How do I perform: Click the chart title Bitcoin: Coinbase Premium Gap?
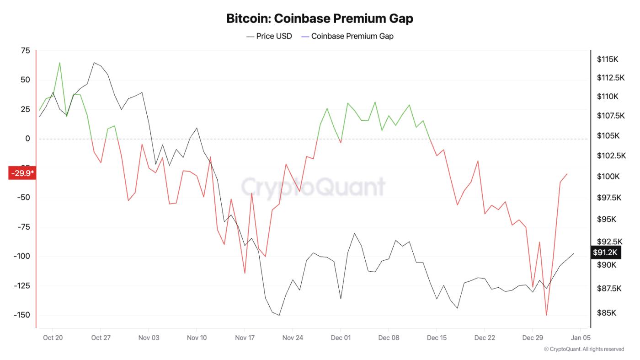(320, 19)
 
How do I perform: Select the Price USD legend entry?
(269, 36)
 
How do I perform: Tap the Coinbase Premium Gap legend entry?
(347, 36)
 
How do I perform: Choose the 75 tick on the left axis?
(25, 51)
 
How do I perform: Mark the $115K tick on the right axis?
(607, 59)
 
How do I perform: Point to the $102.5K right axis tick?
(611, 156)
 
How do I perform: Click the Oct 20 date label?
(53, 338)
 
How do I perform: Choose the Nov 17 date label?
(245, 338)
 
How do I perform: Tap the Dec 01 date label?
(341, 338)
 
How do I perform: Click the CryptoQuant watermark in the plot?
(313, 187)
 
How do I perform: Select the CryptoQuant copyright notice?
(584, 349)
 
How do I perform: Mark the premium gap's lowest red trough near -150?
(546, 315)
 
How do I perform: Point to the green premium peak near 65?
(60, 63)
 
